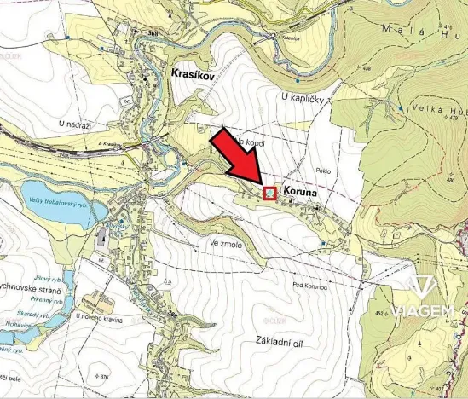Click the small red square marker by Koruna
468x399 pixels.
269,194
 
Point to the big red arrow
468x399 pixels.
240,158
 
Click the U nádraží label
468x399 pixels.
74,125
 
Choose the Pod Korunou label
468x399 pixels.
310,284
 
